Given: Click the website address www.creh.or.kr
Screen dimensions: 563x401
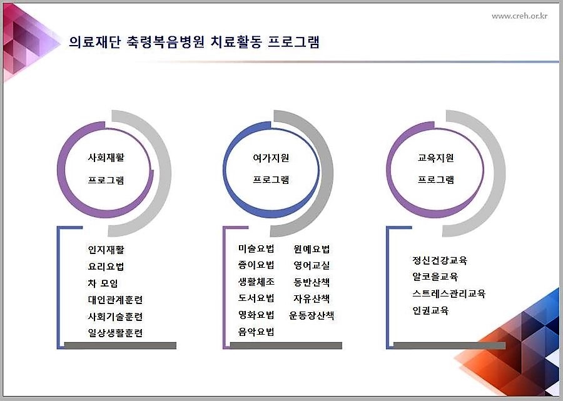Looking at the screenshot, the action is (x=520, y=16).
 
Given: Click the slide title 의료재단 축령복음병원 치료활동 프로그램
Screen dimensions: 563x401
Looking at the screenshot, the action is (x=194, y=42).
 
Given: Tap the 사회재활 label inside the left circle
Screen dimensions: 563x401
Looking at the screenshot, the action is (x=106, y=157).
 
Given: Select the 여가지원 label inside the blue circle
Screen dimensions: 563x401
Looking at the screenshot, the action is (x=271, y=158).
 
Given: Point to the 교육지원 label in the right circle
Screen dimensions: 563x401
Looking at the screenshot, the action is (x=435, y=158).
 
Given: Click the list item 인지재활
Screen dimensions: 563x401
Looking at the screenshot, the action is (x=106, y=250).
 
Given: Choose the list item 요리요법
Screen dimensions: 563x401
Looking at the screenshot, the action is (x=106, y=266).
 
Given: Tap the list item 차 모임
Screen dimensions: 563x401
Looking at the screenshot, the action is (x=103, y=283).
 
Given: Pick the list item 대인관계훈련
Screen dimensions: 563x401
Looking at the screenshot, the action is (x=115, y=300).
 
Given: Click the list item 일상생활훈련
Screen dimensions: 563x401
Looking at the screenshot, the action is (x=115, y=333).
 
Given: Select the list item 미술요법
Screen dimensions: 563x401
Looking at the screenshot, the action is (x=256, y=248).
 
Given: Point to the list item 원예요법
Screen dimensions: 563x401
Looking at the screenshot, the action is (x=312, y=249).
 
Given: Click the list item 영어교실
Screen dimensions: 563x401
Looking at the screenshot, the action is (x=312, y=265).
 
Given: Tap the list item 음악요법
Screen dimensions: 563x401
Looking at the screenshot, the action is (x=256, y=332).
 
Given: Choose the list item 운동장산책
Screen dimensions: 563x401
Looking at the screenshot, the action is (x=312, y=315).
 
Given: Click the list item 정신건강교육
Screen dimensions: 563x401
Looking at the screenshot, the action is (x=440, y=260).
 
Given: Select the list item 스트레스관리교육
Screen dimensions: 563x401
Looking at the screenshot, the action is (x=449, y=293).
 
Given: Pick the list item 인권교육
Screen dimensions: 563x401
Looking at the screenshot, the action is (x=430, y=310).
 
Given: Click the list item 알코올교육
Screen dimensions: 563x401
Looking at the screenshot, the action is (x=435, y=277).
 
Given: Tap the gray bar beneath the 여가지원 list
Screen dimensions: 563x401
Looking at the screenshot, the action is (x=286, y=345).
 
